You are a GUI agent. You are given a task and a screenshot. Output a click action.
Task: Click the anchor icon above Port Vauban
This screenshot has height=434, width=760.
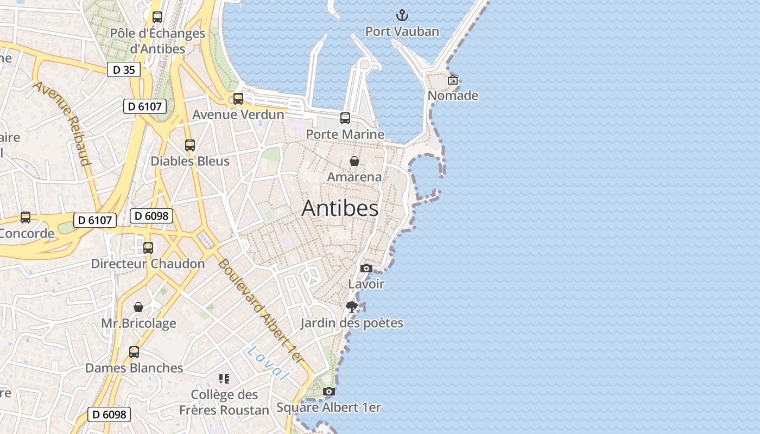[x=402, y=15]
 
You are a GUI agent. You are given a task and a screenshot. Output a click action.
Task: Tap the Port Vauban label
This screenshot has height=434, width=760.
[x=402, y=31]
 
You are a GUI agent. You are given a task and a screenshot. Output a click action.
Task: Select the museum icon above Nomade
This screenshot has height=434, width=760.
[x=453, y=80]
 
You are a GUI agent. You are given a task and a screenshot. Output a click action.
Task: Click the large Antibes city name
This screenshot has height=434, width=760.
[x=340, y=208]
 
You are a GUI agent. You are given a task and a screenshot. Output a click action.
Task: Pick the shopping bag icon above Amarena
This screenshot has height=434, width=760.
[x=354, y=161]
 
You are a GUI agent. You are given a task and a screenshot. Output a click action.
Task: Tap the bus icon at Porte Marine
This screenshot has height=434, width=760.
[x=345, y=118]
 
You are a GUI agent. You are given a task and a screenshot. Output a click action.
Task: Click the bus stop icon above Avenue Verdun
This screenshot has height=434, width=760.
[x=238, y=98]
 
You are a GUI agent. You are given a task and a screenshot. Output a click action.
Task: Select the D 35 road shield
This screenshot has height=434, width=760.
[x=124, y=69]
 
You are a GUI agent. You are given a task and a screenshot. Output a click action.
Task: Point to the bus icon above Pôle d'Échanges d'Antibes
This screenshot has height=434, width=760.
[x=157, y=17]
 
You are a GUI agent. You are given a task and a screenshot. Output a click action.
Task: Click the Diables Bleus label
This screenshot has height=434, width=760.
[x=190, y=161]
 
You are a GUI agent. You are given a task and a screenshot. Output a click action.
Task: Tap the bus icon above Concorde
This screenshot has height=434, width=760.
[x=26, y=218]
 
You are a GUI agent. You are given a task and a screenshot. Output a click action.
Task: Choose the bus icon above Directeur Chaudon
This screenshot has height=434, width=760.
[x=148, y=248]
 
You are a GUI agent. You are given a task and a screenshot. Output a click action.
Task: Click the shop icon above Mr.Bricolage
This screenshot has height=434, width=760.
[x=139, y=307]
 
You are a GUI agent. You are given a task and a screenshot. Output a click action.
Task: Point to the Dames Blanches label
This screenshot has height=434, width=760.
[x=134, y=368]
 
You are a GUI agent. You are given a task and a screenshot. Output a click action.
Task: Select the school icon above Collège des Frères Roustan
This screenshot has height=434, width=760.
[x=224, y=378]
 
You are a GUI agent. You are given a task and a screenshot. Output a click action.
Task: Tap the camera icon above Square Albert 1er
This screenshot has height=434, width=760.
[x=328, y=391]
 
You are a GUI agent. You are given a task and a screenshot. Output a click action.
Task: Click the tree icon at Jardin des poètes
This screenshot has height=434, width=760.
[x=352, y=307]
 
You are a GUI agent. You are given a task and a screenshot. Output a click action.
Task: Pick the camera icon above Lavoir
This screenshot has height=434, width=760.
[x=366, y=268]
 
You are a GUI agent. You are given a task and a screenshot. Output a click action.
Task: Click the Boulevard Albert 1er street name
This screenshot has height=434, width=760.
[x=261, y=311]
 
